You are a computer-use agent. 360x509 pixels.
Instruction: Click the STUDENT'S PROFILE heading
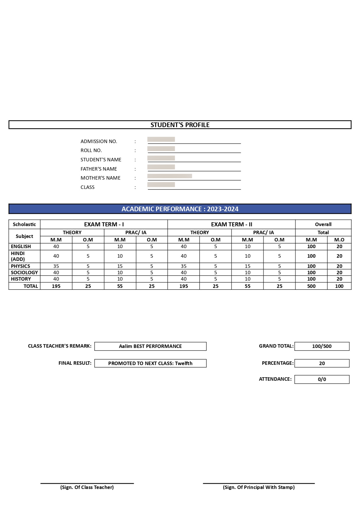point(180,125)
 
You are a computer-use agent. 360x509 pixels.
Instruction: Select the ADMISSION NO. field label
point(99,141)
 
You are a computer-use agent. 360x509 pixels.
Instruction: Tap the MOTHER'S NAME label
point(100,178)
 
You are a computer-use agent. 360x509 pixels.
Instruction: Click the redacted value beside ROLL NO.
point(161,149)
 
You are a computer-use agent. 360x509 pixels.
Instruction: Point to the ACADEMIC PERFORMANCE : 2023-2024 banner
point(180,209)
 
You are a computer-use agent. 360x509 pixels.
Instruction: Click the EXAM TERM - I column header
point(104,224)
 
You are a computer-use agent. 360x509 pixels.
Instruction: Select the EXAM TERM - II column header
point(231,224)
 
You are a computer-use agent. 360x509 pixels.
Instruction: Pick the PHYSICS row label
point(21,266)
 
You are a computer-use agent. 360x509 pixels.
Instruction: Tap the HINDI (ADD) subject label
point(18,256)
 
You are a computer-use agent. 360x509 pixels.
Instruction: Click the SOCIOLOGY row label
point(24,272)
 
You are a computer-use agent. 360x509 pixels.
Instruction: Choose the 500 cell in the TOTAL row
point(311,286)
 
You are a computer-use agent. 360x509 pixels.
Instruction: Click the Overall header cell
point(323,224)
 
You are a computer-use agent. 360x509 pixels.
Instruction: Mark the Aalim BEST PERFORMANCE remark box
point(150,346)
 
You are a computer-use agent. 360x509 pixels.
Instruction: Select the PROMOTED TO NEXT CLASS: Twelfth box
point(150,363)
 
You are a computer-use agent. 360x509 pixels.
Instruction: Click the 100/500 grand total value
point(322,346)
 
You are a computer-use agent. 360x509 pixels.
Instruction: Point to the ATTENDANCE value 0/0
point(322,379)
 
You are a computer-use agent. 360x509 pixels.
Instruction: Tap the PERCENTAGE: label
point(278,363)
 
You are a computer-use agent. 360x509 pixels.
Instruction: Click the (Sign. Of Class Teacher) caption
point(87,487)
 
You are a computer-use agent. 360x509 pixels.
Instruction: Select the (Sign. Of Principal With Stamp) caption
point(259,487)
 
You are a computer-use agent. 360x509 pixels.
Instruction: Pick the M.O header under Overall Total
point(339,240)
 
